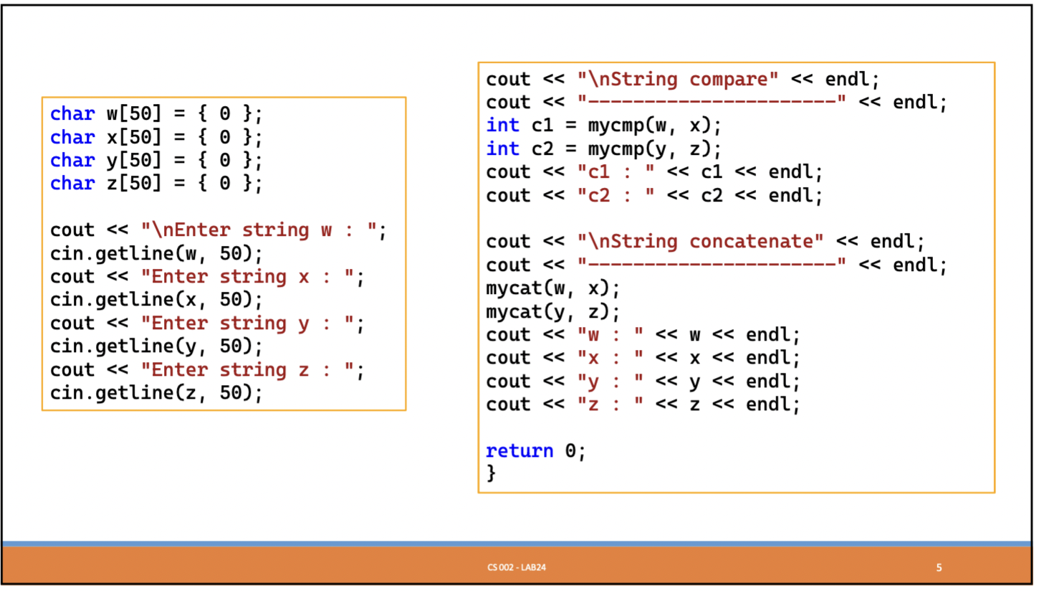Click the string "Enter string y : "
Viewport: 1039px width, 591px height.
tap(248, 323)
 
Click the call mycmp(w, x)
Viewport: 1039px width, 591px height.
tap(653, 126)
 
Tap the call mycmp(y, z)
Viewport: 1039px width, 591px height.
tap(653, 149)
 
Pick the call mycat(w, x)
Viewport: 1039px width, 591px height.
tap(552, 288)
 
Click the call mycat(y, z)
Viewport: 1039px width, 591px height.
tap(552, 311)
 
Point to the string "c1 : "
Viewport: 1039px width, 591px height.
tap(616, 173)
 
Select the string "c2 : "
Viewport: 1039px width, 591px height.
tap(616, 196)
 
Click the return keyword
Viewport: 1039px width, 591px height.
tap(519, 451)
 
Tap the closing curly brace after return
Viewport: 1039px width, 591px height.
tap(491, 473)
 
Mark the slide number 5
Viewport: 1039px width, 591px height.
tap(939, 568)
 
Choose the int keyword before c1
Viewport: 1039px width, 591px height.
tap(502, 126)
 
